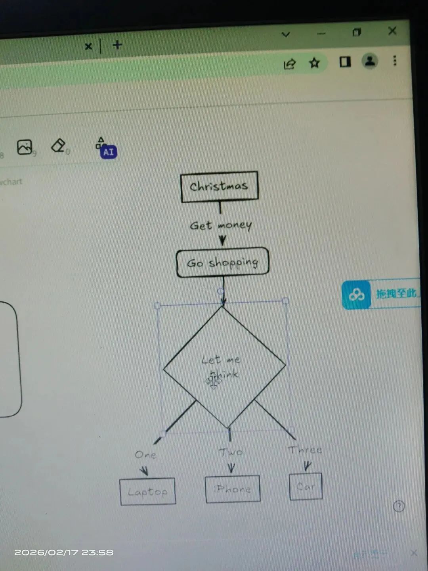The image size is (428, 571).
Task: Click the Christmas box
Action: click(x=219, y=186)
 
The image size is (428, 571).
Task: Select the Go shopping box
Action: click(x=222, y=263)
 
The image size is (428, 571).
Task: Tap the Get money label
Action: click(x=220, y=226)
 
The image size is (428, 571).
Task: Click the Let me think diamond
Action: click(x=224, y=367)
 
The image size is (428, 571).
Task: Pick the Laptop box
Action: click(x=148, y=492)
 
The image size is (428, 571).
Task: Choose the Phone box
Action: click(x=233, y=489)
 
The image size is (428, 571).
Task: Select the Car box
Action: click(x=306, y=486)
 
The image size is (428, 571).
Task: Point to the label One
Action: click(x=145, y=455)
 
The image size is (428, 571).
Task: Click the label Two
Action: click(x=231, y=452)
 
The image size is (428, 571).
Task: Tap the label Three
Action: click(x=305, y=450)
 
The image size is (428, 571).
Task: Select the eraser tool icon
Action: click(x=58, y=146)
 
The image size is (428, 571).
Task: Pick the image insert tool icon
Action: click(x=25, y=147)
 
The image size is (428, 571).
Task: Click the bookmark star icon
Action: click(x=314, y=63)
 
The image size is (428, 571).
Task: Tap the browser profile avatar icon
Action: click(x=370, y=61)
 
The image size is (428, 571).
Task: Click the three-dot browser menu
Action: click(x=395, y=60)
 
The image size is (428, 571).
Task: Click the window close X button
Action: click(x=392, y=31)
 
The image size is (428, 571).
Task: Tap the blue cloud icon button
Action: click(x=356, y=295)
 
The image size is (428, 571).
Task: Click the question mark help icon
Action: click(x=399, y=506)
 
